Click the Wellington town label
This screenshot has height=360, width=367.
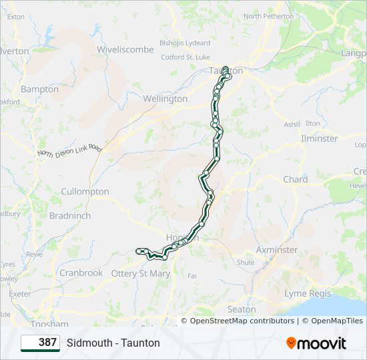(x=165, y=99)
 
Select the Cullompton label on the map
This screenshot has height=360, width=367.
(x=85, y=191)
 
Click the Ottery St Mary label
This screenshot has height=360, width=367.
(x=141, y=273)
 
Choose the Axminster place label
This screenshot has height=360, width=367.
(x=277, y=250)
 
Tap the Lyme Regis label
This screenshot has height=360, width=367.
(x=307, y=293)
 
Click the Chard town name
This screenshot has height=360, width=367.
(x=295, y=179)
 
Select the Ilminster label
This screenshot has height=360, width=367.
(x=319, y=139)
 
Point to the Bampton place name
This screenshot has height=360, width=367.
(x=39, y=89)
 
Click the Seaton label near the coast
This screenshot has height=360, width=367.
(x=242, y=309)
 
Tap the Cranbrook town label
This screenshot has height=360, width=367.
(x=81, y=273)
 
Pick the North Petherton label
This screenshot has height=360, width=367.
(x=268, y=16)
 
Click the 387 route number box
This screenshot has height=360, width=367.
(x=40, y=343)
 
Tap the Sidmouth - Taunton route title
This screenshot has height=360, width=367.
(x=113, y=343)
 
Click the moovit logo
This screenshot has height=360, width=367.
(x=316, y=343)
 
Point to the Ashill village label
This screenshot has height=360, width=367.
(x=292, y=125)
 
